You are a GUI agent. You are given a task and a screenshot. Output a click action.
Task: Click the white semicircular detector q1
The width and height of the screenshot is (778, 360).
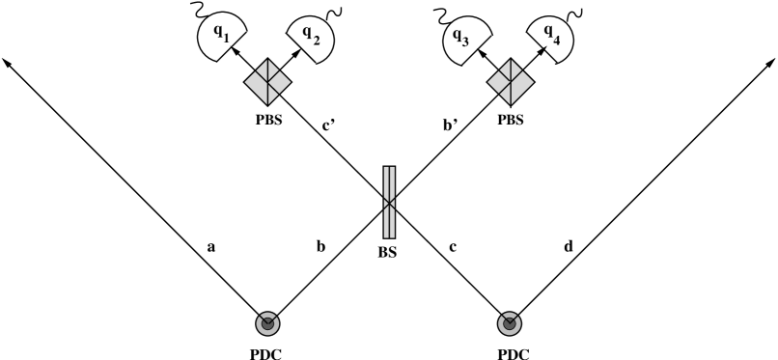(x=222, y=39)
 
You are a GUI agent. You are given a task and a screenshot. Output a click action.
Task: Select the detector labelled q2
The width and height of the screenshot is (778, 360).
(x=313, y=40)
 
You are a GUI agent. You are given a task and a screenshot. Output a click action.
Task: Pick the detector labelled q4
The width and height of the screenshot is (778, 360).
(x=549, y=39)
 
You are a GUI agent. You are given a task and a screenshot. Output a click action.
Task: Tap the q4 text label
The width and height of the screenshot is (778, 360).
(x=551, y=33)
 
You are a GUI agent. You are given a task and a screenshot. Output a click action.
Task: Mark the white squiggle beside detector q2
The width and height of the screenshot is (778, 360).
(x=335, y=14)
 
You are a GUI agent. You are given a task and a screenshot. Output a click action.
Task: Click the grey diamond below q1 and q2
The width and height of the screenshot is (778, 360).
(x=267, y=83)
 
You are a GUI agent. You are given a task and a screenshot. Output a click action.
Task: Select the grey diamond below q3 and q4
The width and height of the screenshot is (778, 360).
(x=511, y=82)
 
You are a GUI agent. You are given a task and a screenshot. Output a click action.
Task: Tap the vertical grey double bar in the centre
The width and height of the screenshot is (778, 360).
(x=389, y=202)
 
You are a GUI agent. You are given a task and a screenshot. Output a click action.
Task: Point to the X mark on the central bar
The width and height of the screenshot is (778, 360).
(x=389, y=203)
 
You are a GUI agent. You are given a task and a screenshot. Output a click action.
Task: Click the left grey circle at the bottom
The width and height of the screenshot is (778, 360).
(x=267, y=323)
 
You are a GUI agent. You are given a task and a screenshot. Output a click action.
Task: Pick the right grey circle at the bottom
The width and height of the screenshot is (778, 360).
(x=510, y=323)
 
